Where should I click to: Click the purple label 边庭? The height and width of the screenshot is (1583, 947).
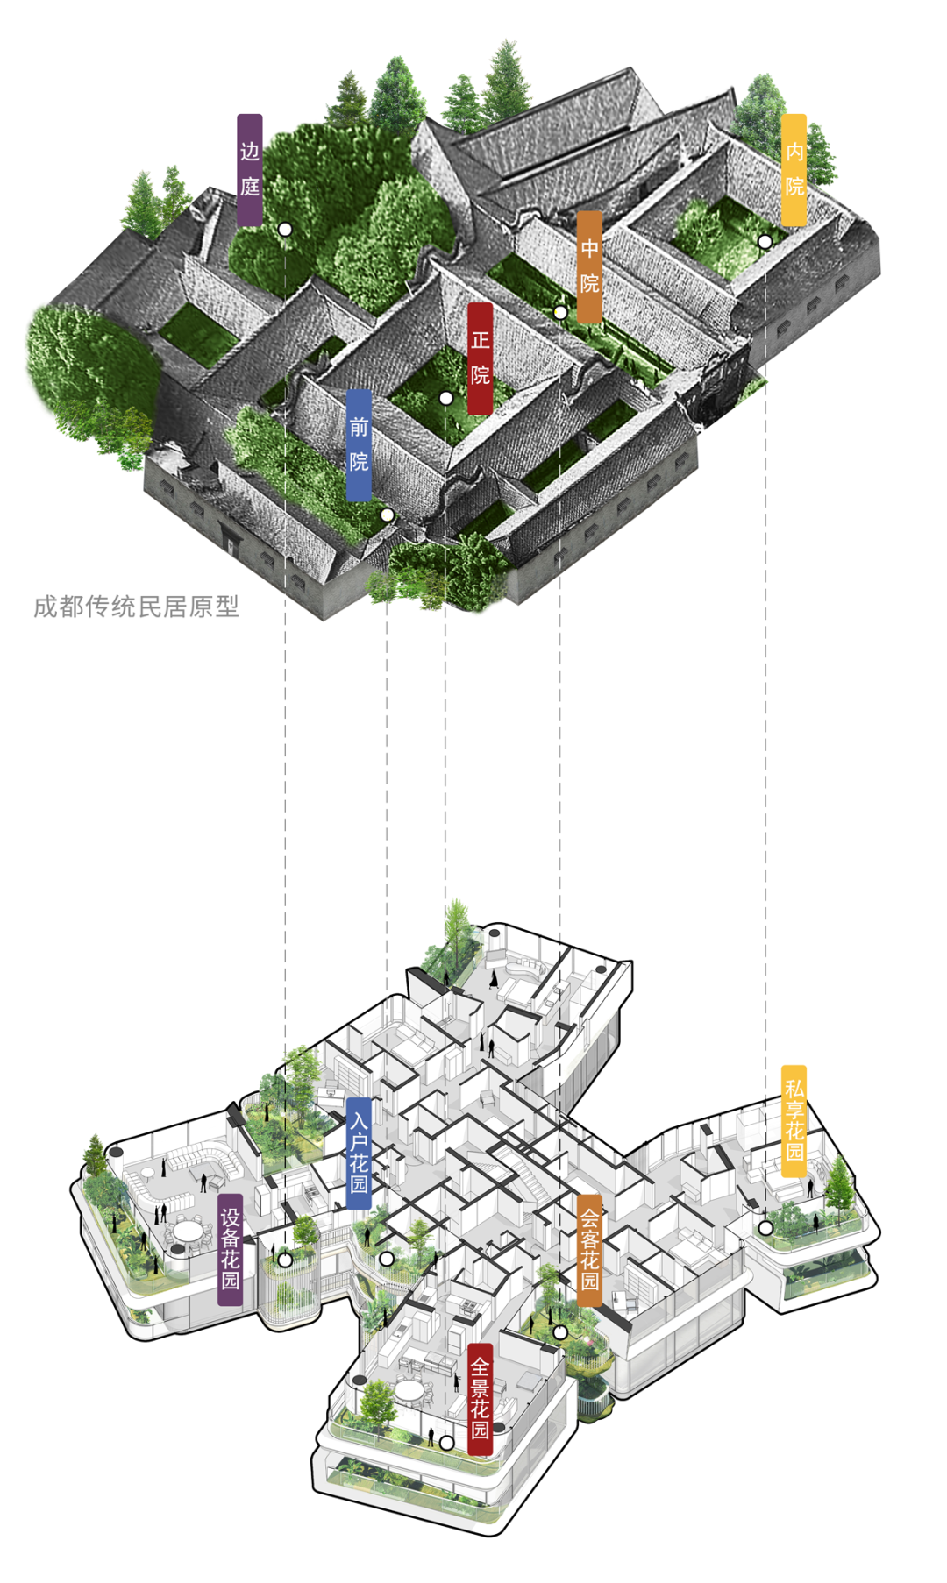pos(250,169)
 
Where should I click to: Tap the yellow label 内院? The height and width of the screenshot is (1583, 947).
pos(794,169)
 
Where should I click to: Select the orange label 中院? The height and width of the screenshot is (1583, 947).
pos(589,266)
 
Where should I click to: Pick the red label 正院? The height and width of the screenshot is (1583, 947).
pos(480,358)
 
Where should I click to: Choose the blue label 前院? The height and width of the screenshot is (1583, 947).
pos(359,444)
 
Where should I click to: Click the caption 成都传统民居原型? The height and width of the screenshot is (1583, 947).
pos(136,607)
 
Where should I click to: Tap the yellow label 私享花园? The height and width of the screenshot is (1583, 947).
pos(794,1119)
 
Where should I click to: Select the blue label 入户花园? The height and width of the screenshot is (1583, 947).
pos(359,1153)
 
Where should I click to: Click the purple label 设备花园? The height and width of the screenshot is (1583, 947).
pos(230,1249)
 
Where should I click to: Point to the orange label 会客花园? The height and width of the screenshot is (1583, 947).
pos(589,1249)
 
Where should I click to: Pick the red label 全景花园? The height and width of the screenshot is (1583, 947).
pos(480,1398)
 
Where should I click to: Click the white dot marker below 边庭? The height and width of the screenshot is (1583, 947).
pos(285,230)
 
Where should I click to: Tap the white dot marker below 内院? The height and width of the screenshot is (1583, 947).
pos(765,241)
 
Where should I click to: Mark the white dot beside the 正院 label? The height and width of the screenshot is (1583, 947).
pos(445,399)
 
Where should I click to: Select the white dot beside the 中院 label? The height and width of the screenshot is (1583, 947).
pos(560,312)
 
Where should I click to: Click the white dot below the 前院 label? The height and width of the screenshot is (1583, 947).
pos(387,515)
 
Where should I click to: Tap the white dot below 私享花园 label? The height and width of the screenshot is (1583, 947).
pos(765,1228)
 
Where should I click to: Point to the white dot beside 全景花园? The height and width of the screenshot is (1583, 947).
pos(446,1442)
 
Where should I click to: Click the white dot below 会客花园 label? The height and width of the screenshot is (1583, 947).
pos(560,1332)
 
